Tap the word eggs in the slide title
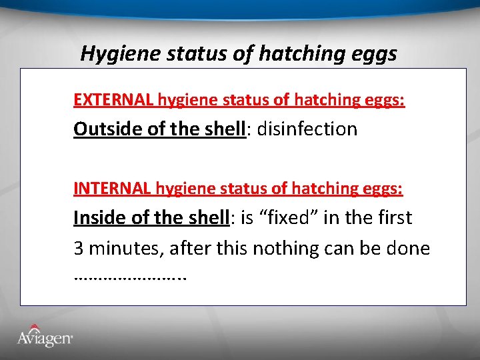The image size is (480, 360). pos(373,53)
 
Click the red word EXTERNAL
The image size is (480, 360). pos(113,100)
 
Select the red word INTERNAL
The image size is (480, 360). pos(112,189)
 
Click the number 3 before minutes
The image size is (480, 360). pos(78,249)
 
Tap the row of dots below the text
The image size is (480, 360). pos(130,276)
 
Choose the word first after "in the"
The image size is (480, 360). pos(392,218)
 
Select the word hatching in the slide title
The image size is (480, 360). pos(291,53)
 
